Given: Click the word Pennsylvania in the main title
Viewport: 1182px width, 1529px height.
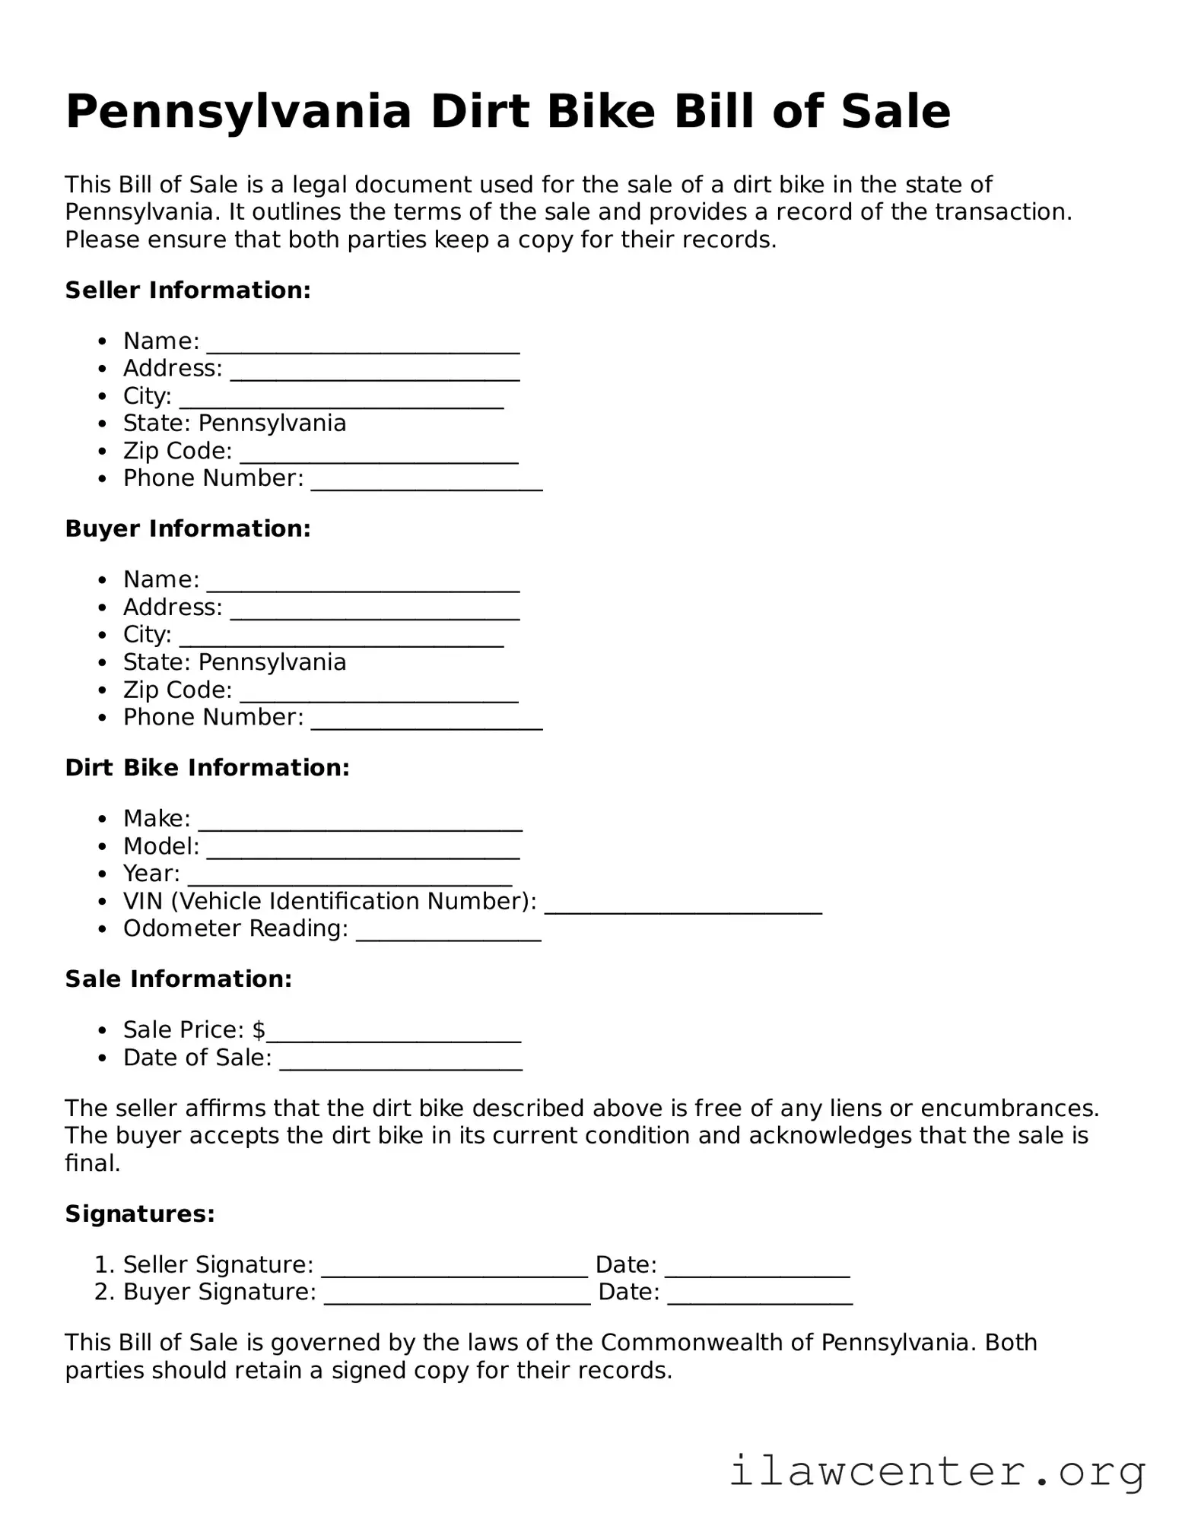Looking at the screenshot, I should click(238, 112).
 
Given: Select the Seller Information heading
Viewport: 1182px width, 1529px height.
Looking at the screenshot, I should click(188, 290).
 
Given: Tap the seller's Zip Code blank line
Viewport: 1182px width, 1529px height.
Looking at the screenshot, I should click(379, 456).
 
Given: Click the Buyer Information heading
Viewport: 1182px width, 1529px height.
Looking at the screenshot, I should click(188, 529).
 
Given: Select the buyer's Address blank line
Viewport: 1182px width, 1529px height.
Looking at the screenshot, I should click(374, 613).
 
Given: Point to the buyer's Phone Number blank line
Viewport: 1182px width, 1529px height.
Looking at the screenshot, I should click(427, 722).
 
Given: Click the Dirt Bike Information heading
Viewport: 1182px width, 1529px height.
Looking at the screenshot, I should click(207, 768).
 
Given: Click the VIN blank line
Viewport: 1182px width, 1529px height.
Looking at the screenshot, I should click(683, 906).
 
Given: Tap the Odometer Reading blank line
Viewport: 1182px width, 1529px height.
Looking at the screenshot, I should click(448, 934).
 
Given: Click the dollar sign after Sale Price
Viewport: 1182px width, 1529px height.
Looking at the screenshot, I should click(259, 1030).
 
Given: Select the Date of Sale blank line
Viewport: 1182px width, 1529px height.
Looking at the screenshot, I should click(401, 1063).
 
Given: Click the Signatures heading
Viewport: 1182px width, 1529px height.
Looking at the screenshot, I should click(140, 1214).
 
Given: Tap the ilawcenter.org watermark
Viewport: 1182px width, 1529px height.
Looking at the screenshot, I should click(937, 1471).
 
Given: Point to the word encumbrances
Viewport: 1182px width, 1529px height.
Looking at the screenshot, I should click(1009, 1109).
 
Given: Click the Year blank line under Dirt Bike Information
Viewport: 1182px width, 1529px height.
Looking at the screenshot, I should click(349, 879).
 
